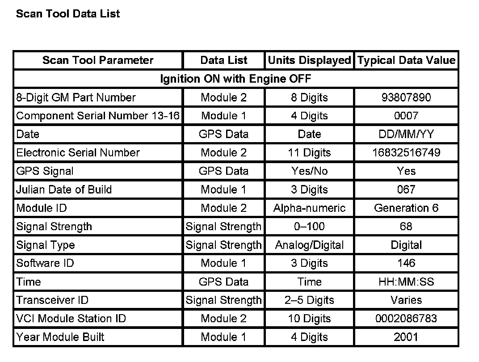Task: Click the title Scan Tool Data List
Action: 68,14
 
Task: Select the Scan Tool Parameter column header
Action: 98,60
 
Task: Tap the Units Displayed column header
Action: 309,60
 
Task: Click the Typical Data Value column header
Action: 406,60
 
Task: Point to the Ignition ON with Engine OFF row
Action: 235,79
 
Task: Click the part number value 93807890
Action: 406,97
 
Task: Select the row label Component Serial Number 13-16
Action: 98,116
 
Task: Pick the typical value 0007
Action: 406,116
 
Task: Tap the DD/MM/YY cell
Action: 406,134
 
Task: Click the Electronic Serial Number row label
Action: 78,152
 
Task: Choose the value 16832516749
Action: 406,152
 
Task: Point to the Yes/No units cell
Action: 309,171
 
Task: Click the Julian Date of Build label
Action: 64,189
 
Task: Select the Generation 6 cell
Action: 406,208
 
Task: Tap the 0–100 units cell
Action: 309,227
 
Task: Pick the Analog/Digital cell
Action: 309,245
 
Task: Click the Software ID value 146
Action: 406,263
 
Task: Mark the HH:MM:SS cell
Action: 406,282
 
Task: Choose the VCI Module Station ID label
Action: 71,319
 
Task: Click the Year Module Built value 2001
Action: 406,337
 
